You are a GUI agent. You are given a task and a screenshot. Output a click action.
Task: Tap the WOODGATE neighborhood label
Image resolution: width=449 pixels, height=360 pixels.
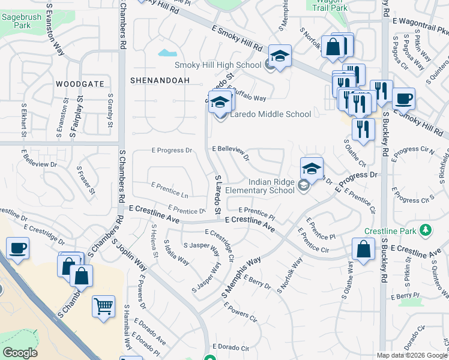80,84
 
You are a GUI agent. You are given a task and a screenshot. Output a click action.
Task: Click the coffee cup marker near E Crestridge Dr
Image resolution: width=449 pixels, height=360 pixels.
17,248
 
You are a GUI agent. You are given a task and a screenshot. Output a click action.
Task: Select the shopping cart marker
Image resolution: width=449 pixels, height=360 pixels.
103,306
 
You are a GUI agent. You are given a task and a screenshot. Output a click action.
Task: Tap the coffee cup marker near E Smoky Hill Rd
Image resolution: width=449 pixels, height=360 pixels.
403,98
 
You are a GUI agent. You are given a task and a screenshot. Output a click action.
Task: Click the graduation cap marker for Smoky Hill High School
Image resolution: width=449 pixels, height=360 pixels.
280,56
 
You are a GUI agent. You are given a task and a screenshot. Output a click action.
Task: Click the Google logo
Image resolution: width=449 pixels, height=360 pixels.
20,353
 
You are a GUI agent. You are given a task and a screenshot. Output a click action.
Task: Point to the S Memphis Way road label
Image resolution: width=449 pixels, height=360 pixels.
243,277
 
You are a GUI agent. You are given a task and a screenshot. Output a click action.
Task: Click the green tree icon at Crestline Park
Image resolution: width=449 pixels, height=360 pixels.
425,230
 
